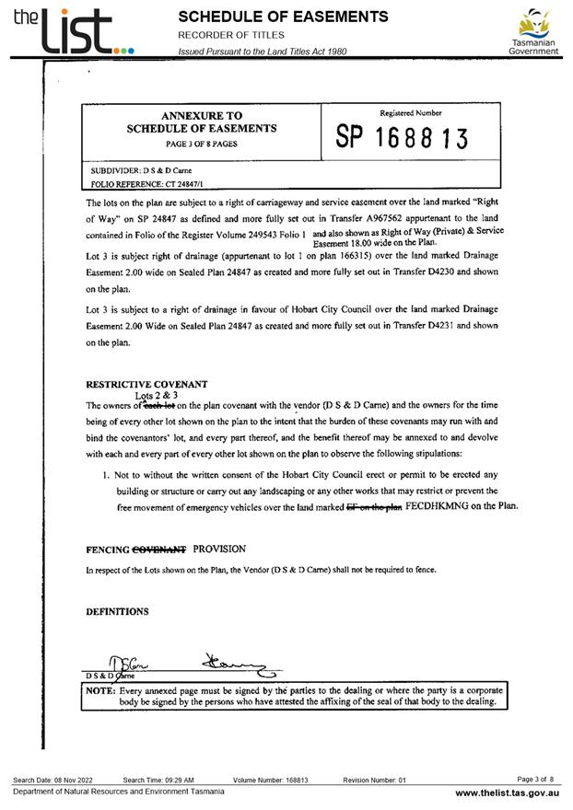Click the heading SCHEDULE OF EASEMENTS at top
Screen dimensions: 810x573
click(x=283, y=17)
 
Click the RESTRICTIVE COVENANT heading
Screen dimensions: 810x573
click(x=146, y=384)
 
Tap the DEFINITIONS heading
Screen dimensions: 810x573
click(x=117, y=611)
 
